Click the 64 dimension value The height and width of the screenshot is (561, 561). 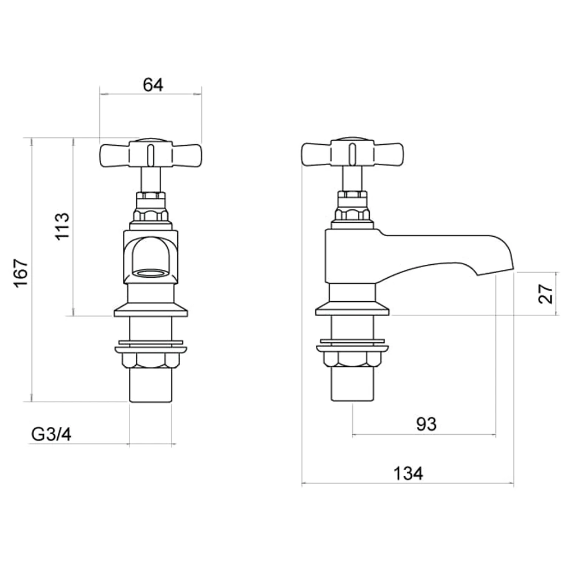153,85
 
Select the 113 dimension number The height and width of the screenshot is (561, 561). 62,226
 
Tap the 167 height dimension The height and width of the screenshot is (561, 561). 20,273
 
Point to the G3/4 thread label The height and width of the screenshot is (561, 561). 51,434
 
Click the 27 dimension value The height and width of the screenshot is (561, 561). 545,293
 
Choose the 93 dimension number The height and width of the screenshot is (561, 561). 426,424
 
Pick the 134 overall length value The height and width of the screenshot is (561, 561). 408,473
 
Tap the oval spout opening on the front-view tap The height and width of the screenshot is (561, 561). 150,273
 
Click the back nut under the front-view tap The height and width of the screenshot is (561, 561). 150,360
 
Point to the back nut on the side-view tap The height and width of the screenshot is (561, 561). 352,360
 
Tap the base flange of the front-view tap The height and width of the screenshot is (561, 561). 150,310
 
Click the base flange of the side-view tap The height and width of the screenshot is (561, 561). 352,310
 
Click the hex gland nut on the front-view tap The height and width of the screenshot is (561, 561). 150,214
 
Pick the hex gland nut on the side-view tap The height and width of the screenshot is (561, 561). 352,214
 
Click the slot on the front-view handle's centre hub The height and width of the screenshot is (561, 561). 150,154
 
